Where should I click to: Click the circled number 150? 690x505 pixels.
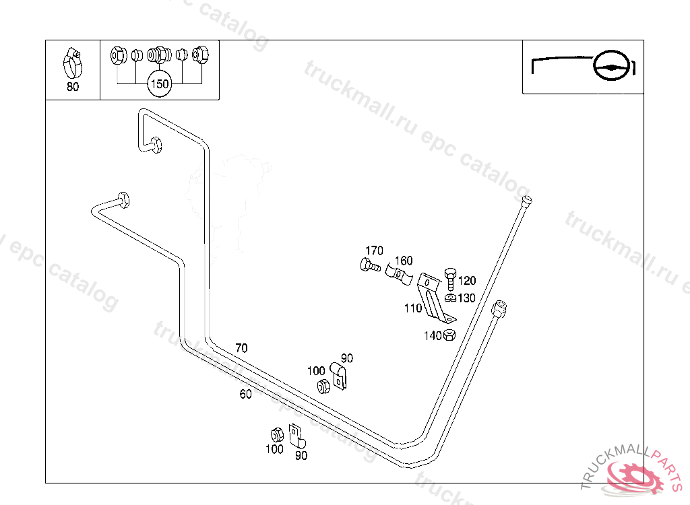159,84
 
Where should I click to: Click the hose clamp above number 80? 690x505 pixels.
73,62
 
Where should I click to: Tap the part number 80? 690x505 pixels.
72,87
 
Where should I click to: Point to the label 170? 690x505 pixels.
374,250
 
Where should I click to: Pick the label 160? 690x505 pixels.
403,261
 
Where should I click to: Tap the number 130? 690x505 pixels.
466,298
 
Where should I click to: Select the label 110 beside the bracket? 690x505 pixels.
413,308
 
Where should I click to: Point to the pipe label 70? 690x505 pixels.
241,348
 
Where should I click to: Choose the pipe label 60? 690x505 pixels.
245,394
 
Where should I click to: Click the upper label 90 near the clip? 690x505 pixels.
347,358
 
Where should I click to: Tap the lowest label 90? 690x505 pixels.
301,455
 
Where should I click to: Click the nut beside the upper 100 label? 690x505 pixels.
323,386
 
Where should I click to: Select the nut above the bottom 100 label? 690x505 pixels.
276,434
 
